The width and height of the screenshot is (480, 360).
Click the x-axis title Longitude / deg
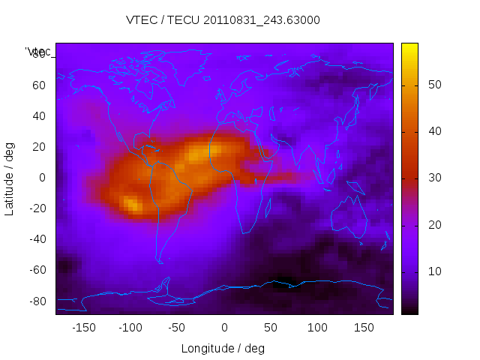tap(223, 348)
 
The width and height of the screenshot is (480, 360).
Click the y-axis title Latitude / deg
tap(10, 178)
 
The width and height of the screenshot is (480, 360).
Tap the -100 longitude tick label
tap(130, 327)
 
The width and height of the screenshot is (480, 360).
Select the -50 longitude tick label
tap(177, 327)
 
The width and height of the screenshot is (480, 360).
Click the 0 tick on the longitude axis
tap(224, 327)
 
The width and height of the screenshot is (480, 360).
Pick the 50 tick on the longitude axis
tap(271, 327)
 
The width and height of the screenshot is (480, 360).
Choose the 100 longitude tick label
tap(318, 327)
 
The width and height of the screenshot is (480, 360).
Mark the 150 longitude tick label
tap(364, 327)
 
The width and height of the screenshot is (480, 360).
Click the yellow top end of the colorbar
tap(409, 46)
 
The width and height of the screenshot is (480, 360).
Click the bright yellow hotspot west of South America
tap(132, 203)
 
